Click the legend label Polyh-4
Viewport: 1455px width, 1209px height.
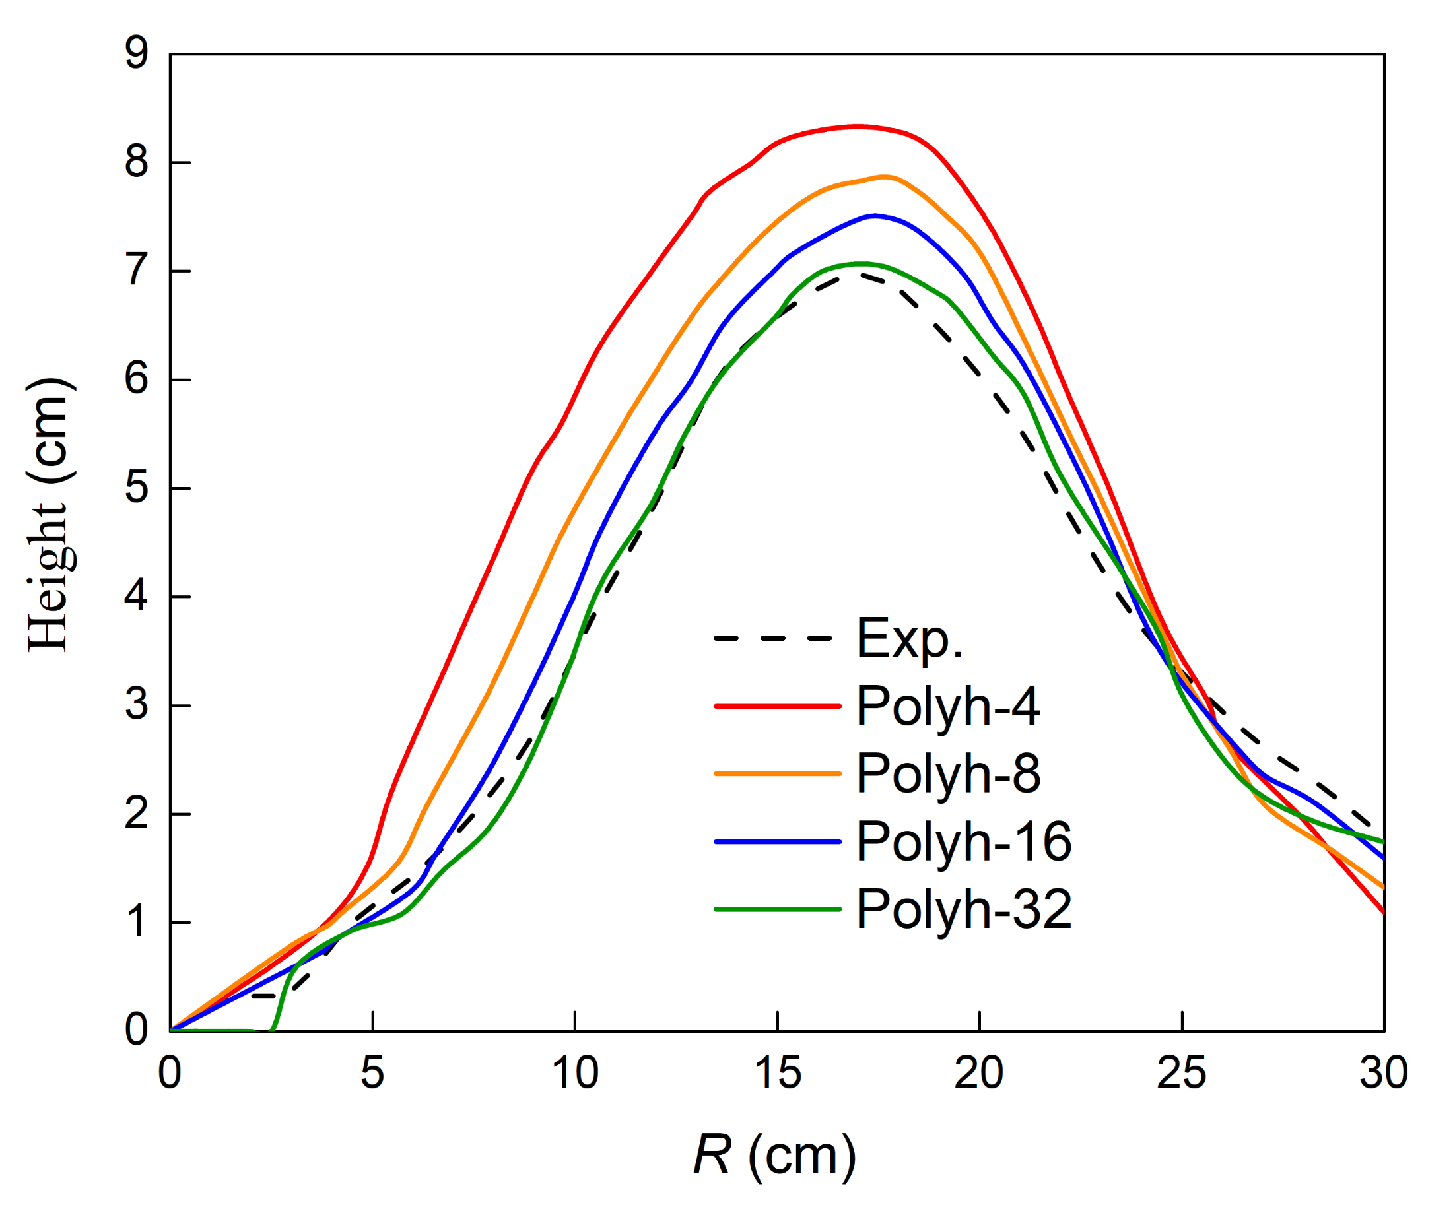pyautogui.click(x=947, y=707)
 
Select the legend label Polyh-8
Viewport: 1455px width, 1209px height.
pyautogui.click(x=947, y=773)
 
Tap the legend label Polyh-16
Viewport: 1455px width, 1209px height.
pyautogui.click(x=963, y=841)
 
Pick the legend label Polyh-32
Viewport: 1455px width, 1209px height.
pyautogui.click(x=963, y=909)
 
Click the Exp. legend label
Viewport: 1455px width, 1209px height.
pyautogui.click(x=909, y=638)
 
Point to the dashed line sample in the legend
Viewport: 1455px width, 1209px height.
pyautogui.click(x=776, y=638)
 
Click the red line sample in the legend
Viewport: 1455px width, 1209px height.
pyautogui.click(x=776, y=706)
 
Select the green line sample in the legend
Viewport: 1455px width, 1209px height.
pyautogui.click(x=776, y=909)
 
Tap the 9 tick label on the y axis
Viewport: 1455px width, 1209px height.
pyautogui.click(x=137, y=53)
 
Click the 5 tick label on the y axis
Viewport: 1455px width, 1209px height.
pyautogui.click(x=137, y=488)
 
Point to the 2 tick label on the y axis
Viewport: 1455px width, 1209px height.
pyautogui.click(x=137, y=814)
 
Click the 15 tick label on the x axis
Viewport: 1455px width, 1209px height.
pyautogui.click(x=778, y=1073)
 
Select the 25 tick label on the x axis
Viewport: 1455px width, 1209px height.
pyautogui.click(x=1182, y=1073)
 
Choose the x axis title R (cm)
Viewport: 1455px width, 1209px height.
pyautogui.click(x=774, y=1156)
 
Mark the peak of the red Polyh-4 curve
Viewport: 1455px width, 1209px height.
pyautogui.click(x=858, y=127)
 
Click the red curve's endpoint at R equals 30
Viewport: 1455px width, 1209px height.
pyautogui.click(x=1383, y=912)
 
